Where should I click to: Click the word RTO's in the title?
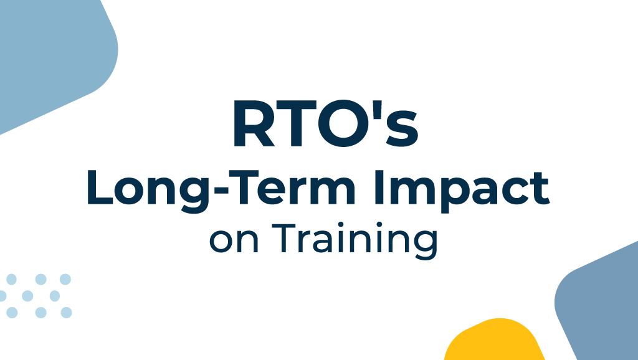click(325, 123)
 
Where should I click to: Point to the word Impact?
click(462, 191)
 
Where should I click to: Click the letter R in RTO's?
click(254, 123)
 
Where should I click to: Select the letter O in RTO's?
click(343, 123)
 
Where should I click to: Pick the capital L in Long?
click(100, 187)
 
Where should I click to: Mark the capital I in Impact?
click(379, 187)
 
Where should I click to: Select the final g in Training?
click(426, 245)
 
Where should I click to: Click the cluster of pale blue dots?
click(36, 296)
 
